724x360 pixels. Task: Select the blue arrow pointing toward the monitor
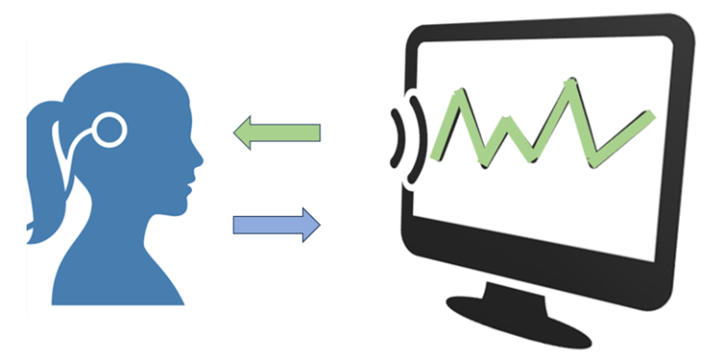[275, 224]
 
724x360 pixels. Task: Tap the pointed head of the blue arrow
[312, 224]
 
